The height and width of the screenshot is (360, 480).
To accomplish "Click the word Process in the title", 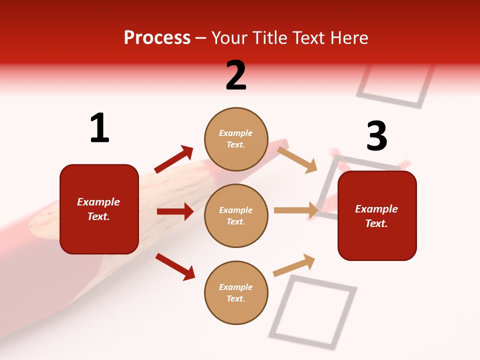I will [157, 38].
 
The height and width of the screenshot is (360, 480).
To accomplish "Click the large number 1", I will [99, 128].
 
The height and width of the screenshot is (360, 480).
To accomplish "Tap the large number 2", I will [236, 75].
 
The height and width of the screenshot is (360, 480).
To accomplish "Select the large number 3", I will [376, 136].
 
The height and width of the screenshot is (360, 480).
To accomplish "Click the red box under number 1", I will [99, 209].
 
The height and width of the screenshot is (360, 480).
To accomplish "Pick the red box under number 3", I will [377, 215].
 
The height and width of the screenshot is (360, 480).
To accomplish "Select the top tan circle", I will [236, 139].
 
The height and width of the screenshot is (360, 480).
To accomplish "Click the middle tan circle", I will [236, 215].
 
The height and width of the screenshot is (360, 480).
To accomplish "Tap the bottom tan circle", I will [236, 292].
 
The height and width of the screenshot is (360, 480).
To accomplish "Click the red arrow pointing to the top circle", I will [173, 159].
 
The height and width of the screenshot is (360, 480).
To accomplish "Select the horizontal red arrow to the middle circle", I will [175, 211].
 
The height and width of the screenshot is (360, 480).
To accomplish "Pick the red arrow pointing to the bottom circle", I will [175, 266].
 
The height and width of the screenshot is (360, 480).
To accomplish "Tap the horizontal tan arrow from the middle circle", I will [296, 210].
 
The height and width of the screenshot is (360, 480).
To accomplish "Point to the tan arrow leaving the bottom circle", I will [294, 265].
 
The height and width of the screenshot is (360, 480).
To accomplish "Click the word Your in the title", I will [230, 38].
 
